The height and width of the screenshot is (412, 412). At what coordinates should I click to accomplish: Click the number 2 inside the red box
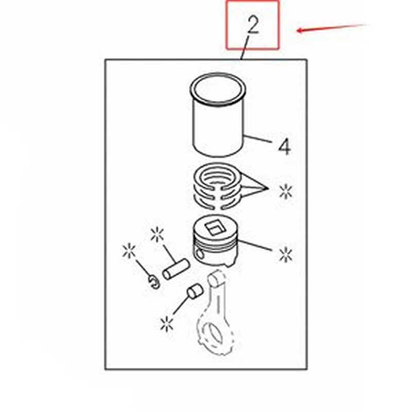tap(253, 24)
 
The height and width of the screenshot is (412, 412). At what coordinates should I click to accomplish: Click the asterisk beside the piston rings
tap(285, 192)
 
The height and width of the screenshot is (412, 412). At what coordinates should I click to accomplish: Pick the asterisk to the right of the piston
tap(285, 253)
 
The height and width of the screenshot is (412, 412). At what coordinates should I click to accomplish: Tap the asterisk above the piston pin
tap(157, 235)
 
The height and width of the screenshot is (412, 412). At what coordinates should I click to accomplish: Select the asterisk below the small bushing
tap(166, 324)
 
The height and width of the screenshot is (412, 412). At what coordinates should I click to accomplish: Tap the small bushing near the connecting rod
tap(194, 291)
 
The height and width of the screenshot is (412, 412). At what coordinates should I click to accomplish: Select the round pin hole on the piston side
tap(201, 253)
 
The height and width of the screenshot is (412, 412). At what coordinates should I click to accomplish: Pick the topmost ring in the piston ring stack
tap(216, 176)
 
